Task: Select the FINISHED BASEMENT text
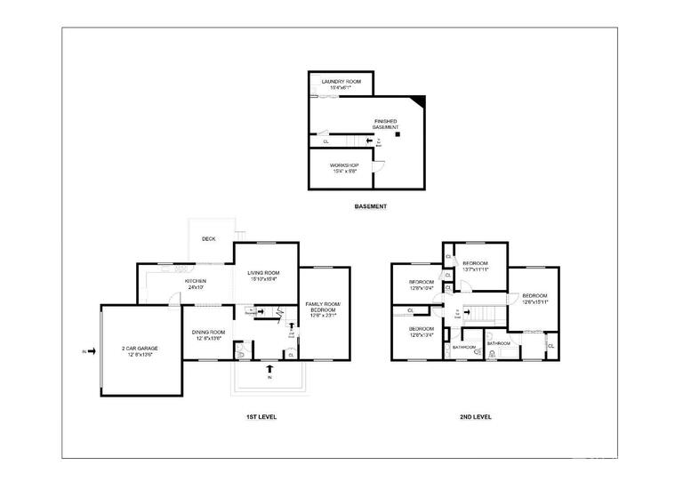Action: pos(385,124)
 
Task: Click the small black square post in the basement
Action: pos(398,135)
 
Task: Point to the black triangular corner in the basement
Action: pos(420,100)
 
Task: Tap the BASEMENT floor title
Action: pos(371,207)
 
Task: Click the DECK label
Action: pos(209,238)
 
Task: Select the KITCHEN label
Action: pos(195,284)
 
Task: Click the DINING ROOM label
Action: pos(209,335)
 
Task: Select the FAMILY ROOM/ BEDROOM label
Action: pos(322,309)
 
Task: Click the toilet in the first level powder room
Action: pos(243,353)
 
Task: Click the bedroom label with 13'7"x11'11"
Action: pos(476,265)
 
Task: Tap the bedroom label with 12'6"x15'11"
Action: pos(534,298)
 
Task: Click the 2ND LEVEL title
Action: pos(476,416)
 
